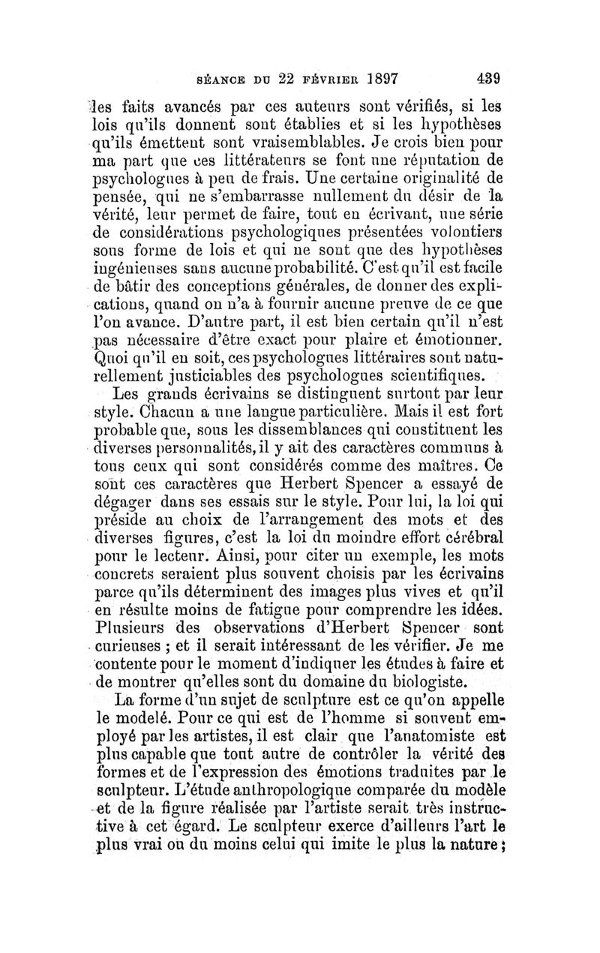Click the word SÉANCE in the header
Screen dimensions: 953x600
(x=220, y=78)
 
